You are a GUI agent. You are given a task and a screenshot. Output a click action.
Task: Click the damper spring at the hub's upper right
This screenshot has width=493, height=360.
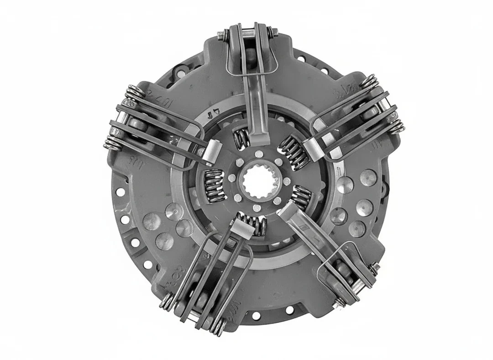point(292,150)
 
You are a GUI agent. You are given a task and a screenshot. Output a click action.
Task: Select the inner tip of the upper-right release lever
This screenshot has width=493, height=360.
point(313,149)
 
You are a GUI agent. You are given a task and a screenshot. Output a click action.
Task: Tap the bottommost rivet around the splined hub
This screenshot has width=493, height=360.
point(257,209)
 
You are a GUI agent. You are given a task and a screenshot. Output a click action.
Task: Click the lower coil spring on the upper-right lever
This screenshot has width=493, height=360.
point(396,127)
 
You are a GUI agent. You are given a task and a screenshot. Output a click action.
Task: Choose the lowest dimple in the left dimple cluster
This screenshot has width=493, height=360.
point(164,241)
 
